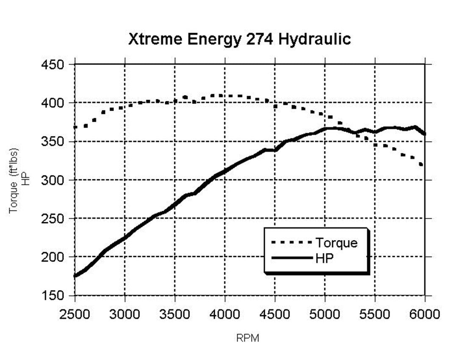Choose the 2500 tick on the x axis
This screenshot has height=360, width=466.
(x=75, y=314)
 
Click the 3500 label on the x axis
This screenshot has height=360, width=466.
(x=175, y=314)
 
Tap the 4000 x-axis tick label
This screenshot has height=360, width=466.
(x=225, y=314)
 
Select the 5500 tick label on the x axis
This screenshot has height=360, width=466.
(x=375, y=314)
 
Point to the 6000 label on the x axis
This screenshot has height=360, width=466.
(x=424, y=314)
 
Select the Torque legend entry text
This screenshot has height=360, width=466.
(x=336, y=243)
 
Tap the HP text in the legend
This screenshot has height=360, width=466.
(x=325, y=258)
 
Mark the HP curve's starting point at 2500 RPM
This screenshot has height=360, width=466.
(x=75, y=276)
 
